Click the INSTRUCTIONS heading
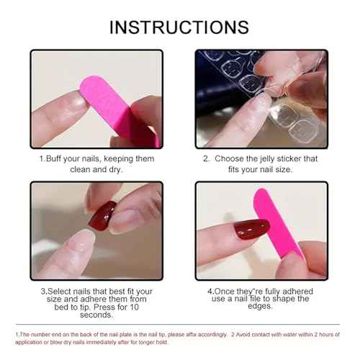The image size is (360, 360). coord(179,27)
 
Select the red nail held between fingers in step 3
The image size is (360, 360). coord(102,214)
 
